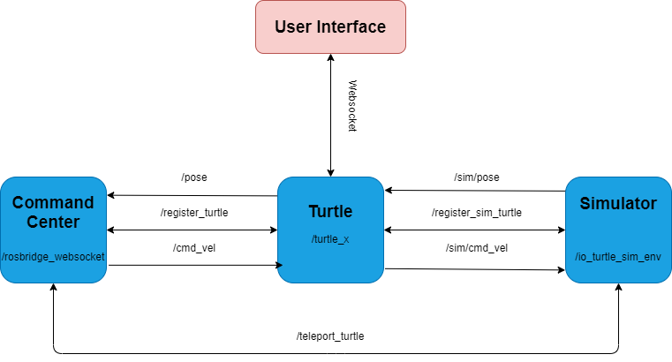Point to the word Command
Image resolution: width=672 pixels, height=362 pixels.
pyautogui.click(x=53, y=203)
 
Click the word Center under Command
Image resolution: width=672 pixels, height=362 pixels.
pyautogui.click(x=53, y=222)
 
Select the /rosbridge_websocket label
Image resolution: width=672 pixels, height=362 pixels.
pyautogui.click(x=53, y=256)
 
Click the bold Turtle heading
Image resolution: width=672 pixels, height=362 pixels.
pyautogui.click(x=330, y=212)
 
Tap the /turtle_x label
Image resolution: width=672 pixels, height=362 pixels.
pyautogui.click(x=330, y=239)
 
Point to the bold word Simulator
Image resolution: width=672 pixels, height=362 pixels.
pyautogui.click(x=617, y=204)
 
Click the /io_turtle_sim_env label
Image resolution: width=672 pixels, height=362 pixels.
pyautogui.click(x=617, y=256)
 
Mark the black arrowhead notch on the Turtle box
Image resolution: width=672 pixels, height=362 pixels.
pyautogui.click(x=280, y=265)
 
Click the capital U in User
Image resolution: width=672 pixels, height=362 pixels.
pyautogui.click(x=280, y=26)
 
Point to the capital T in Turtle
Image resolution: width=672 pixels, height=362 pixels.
pyautogui.click(x=313, y=212)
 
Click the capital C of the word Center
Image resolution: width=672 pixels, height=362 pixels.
pyautogui.click(x=32, y=222)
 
